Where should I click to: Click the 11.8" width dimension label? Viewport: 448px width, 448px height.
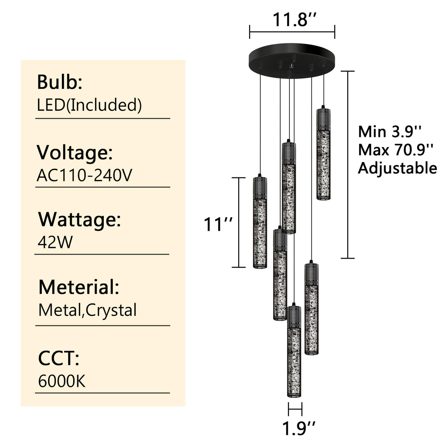pos(294,19)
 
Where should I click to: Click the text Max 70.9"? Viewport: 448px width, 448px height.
pos(396,150)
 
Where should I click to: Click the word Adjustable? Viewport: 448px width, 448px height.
pos(397,168)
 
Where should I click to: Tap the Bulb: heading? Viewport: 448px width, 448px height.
pos(60,82)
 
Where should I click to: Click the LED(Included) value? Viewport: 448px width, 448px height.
pos(89,105)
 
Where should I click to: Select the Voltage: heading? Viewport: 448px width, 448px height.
pos(75,153)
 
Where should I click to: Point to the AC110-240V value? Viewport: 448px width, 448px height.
pos(84,175)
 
